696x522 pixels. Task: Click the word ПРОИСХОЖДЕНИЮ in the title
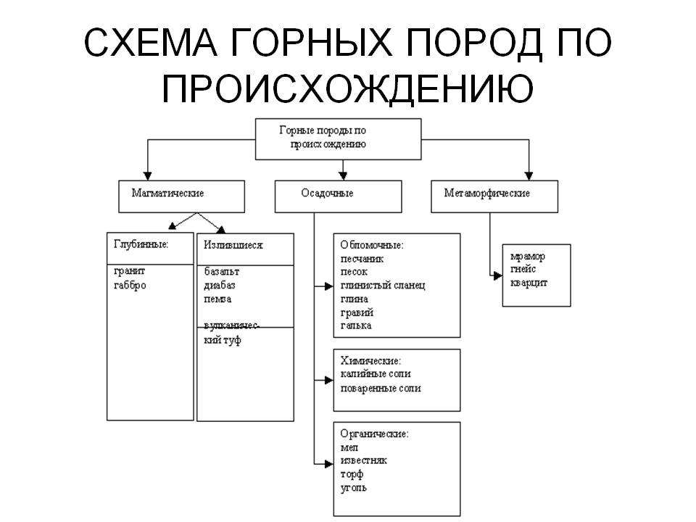click(x=347, y=88)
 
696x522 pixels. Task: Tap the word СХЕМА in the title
click(x=151, y=43)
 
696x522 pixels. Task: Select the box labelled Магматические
click(x=181, y=196)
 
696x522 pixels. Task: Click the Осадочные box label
click(x=327, y=193)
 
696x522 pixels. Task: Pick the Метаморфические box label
click(x=487, y=193)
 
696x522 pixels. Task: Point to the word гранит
click(x=129, y=271)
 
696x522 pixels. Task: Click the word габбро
click(x=130, y=285)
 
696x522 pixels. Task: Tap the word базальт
click(x=222, y=271)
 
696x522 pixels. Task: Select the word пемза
click(x=217, y=299)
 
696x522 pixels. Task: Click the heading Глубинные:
click(x=141, y=244)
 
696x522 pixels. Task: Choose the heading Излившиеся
click(x=233, y=245)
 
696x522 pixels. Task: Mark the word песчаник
click(x=362, y=259)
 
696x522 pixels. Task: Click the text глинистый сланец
click(x=383, y=286)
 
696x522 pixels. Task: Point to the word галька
click(x=356, y=326)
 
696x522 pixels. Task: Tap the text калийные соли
click(x=376, y=374)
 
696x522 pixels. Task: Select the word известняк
click(x=363, y=460)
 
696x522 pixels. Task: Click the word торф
click(x=352, y=474)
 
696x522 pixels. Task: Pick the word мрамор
click(x=527, y=257)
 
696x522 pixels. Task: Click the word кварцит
click(x=529, y=283)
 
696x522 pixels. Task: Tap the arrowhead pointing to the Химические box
click(x=329, y=381)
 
